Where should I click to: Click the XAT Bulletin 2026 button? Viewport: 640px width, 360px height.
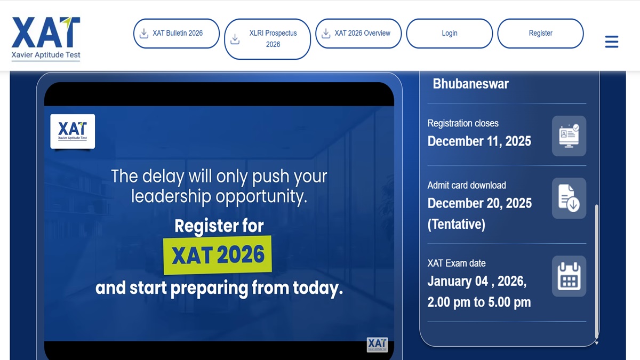(x=176, y=34)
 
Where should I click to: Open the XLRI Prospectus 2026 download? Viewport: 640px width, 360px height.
(x=267, y=39)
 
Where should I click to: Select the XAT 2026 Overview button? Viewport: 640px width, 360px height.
(x=358, y=34)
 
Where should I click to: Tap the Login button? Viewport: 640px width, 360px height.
(x=449, y=34)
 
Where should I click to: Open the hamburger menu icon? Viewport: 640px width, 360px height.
(x=612, y=42)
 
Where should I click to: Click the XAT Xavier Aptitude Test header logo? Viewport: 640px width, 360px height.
(x=46, y=38)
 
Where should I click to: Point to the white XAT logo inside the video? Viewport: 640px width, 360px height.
(x=73, y=131)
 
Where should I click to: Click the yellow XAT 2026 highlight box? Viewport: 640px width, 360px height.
(x=218, y=255)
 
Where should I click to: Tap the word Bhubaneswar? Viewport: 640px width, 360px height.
(x=470, y=84)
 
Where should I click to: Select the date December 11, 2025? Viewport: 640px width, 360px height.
(x=479, y=141)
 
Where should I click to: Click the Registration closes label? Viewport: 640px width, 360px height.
(x=462, y=123)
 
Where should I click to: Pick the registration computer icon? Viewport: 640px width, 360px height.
(x=569, y=135)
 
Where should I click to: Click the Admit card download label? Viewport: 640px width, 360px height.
(x=466, y=185)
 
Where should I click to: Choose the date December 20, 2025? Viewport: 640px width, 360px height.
(x=479, y=203)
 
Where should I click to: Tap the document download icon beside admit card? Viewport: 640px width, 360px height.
(x=569, y=198)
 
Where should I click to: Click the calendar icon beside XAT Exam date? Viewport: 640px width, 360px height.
(x=569, y=276)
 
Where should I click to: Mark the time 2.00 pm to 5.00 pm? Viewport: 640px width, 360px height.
(x=478, y=302)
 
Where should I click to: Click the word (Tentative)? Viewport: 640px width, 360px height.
(x=456, y=224)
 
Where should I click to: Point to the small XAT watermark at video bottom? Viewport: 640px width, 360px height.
(x=377, y=345)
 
